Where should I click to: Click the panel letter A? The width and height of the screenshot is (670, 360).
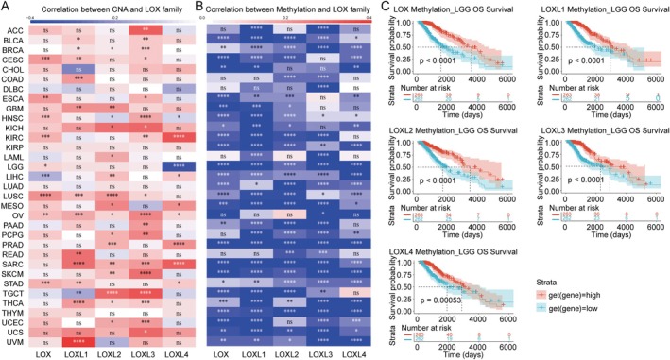coord(7,8)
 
